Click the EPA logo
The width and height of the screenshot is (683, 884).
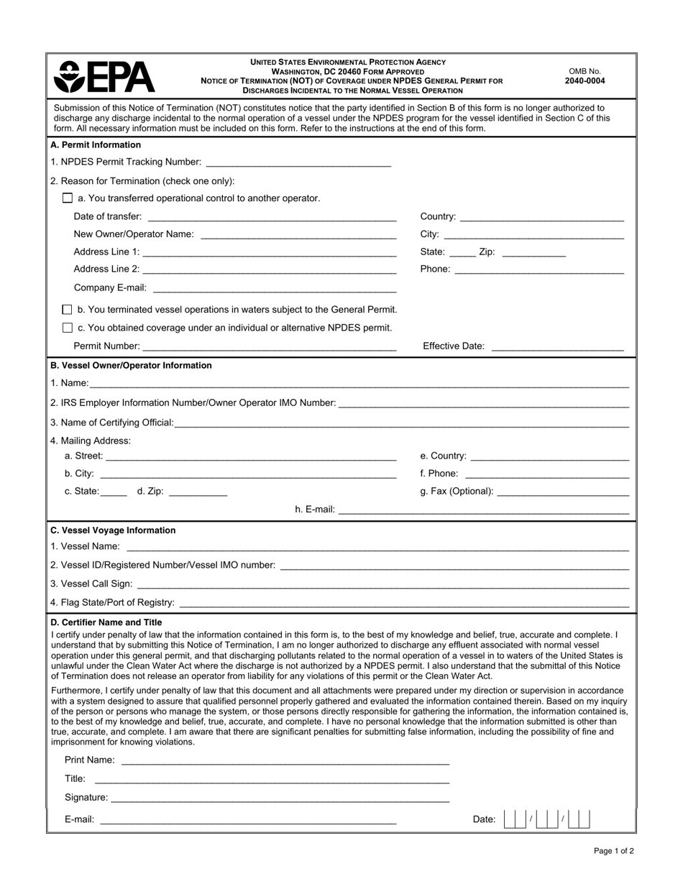(104, 76)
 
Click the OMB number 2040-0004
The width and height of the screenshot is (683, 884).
(585, 81)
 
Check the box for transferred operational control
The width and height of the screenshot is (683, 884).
(68, 198)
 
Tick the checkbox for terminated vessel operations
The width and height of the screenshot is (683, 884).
(68, 310)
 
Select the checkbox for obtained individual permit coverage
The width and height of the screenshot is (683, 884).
(68, 328)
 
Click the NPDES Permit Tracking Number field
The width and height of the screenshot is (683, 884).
(298, 162)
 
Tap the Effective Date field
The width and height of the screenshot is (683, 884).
(556, 346)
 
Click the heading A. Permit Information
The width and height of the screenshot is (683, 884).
(96, 145)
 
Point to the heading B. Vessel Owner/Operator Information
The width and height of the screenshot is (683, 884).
(131, 365)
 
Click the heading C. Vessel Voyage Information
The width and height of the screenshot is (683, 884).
(113, 530)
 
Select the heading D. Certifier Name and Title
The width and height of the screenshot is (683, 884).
(106, 622)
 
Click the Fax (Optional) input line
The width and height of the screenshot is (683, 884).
(562, 491)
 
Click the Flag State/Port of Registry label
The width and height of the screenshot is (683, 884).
(112, 602)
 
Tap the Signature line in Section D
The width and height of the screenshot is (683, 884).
(280, 797)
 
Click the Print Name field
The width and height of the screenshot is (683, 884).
(285, 760)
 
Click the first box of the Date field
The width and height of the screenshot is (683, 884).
(510, 819)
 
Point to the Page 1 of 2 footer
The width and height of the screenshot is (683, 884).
(613, 851)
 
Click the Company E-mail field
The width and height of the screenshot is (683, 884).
(275, 287)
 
